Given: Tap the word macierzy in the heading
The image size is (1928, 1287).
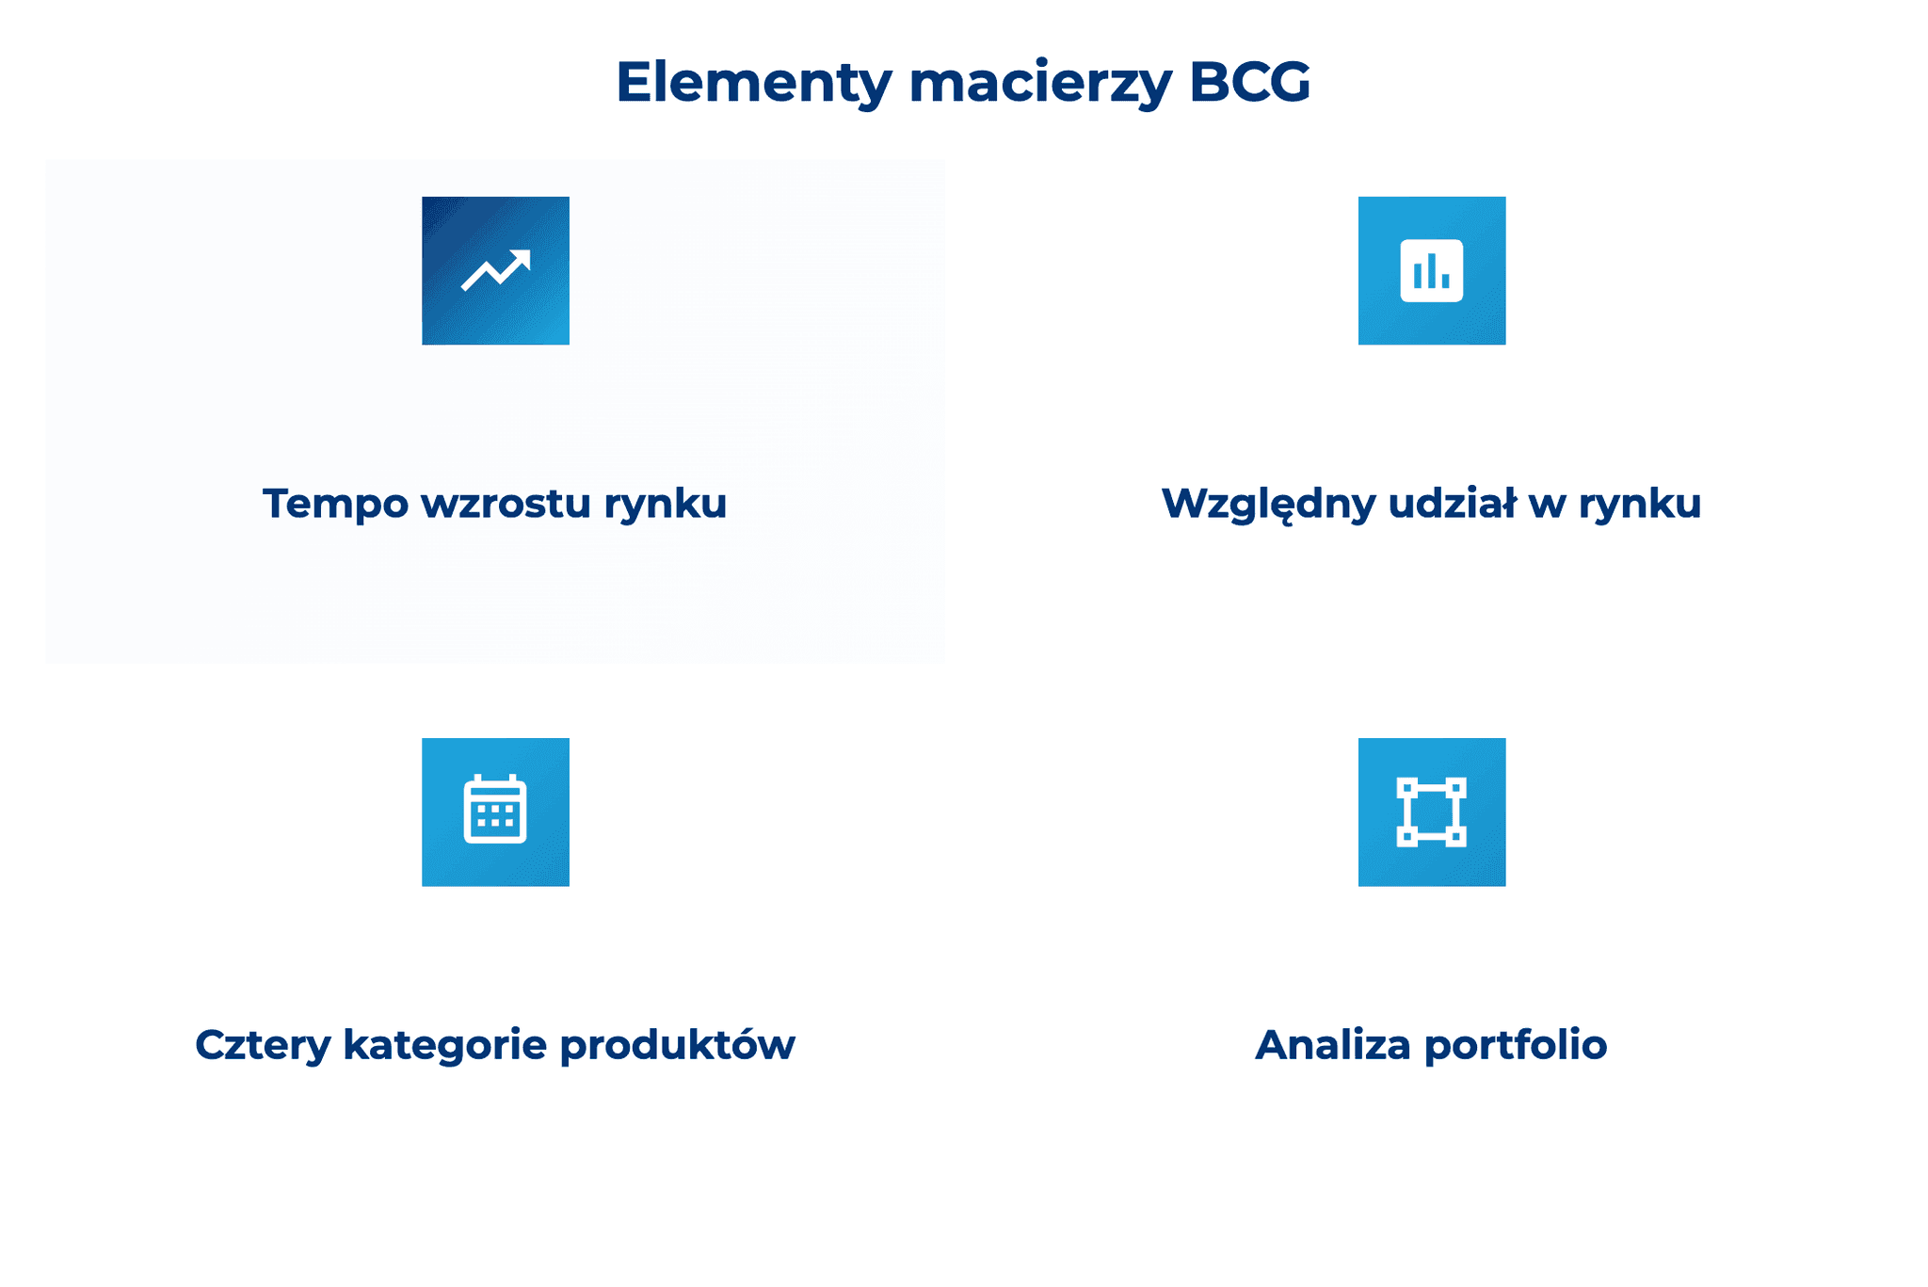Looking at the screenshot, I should pyautogui.click(x=1040, y=83).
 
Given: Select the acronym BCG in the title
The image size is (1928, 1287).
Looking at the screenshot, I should pyautogui.click(x=1249, y=83).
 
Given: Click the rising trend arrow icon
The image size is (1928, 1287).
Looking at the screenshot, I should pyautogui.click(x=495, y=270).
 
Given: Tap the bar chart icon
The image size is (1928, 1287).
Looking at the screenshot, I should pyautogui.click(x=1431, y=270).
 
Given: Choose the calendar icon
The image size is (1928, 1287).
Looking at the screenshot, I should pyautogui.click(x=495, y=811).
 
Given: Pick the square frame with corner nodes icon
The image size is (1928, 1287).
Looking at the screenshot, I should pyautogui.click(x=1431, y=812).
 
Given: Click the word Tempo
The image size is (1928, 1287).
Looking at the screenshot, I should pyautogui.click(x=334, y=504).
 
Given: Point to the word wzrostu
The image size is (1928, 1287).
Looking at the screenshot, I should pyautogui.click(x=506, y=504).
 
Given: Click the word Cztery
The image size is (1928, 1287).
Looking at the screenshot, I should pyautogui.click(x=262, y=1046).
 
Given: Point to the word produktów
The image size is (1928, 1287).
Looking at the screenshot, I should pyautogui.click(x=677, y=1046).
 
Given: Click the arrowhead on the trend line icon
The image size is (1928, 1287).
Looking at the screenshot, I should pyautogui.click(x=522, y=259).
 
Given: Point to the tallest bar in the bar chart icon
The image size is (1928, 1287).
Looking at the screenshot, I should pyautogui.click(x=1431, y=270).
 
